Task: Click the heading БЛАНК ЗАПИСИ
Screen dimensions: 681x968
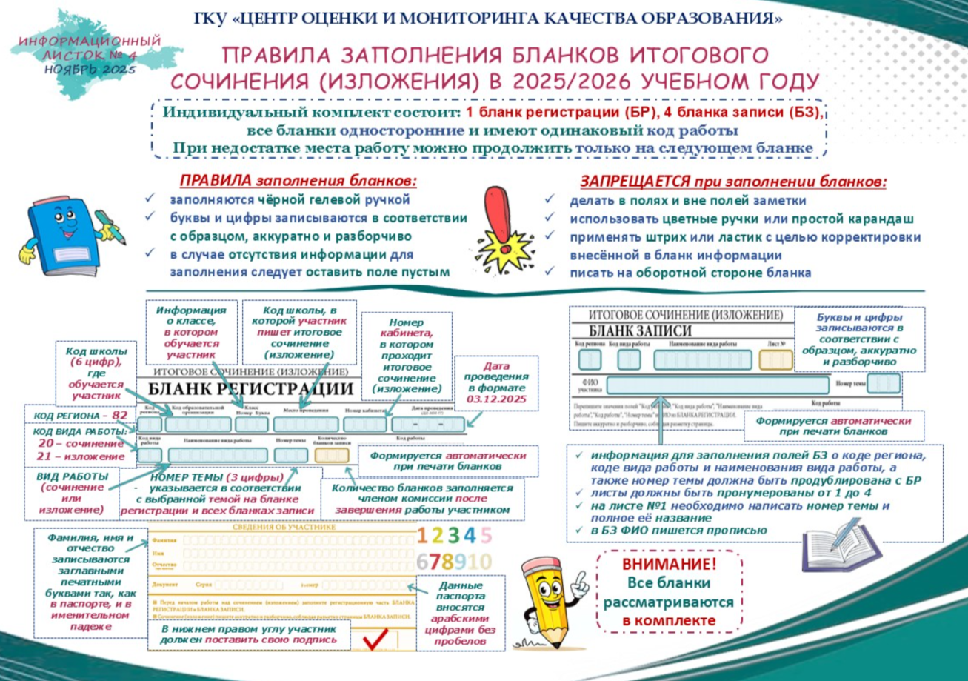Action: (x=641, y=330)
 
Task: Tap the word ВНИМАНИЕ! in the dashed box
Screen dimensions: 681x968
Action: (x=669, y=565)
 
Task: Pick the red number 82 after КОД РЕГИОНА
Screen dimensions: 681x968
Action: (x=120, y=416)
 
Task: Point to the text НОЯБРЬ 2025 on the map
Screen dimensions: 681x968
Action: (x=90, y=69)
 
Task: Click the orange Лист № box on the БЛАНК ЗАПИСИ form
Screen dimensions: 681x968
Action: (x=775, y=359)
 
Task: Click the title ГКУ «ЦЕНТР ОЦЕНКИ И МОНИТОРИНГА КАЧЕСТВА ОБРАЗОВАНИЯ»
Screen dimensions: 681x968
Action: (x=488, y=18)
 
